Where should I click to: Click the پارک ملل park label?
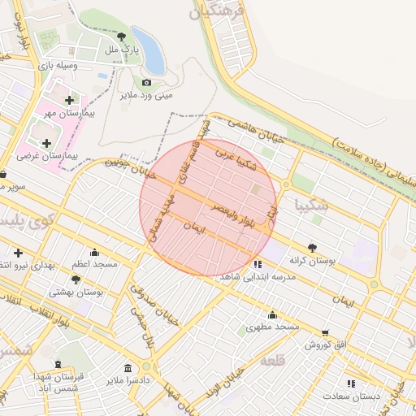pyautogui.click(x=122, y=50)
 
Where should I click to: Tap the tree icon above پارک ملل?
pyautogui.click(x=122, y=37)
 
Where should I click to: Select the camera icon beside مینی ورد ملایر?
pyautogui.click(x=146, y=82)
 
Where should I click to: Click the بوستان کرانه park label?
pyautogui.click(x=313, y=261)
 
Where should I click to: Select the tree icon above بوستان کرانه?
pyautogui.click(x=313, y=248)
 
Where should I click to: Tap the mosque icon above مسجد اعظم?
pyautogui.click(x=94, y=251)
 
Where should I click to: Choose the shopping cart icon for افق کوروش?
pyautogui.click(x=326, y=332)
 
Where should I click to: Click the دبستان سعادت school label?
pyautogui.click(x=351, y=396)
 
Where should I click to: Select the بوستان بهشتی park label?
pyautogui.click(x=76, y=292)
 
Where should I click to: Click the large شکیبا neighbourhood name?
pyautogui.click(x=311, y=205)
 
